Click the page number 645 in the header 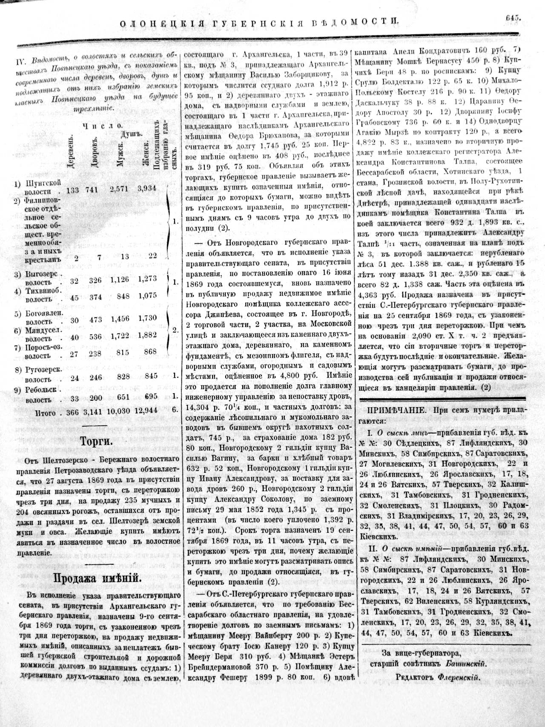point(514,18)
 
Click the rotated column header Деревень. point(71,152)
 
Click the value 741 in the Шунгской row point(93,190)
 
